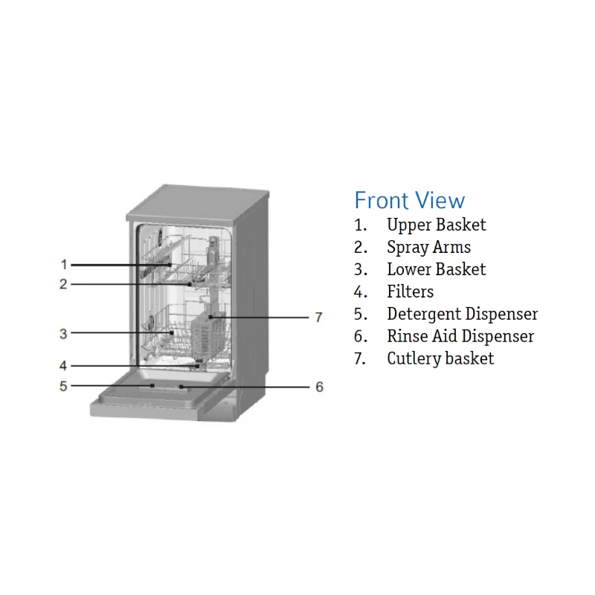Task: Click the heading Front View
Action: tap(409, 200)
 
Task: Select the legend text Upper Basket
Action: tap(436, 225)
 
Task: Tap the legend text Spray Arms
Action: tap(428, 247)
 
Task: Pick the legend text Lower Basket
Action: tap(436, 269)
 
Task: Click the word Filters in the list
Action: tap(410, 292)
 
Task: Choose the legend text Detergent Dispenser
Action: tap(462, 314)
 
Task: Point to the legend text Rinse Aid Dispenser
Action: tap(460, 336)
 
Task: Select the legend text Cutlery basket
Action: tap(440, 358)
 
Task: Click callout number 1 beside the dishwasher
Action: tap(64, 264)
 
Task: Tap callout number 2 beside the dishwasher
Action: tap(64, 283)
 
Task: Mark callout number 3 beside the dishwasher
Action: tap(64, 334)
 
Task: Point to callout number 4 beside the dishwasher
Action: tap(64, 365)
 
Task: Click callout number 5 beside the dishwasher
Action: tap(64, 386)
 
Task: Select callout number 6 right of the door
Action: tap(319, 387)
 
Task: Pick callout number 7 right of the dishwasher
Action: tap(318, 318)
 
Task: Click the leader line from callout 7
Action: tap(260, 317)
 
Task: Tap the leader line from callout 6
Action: tap(245, 387)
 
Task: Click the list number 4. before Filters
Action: tap(361, 292)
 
